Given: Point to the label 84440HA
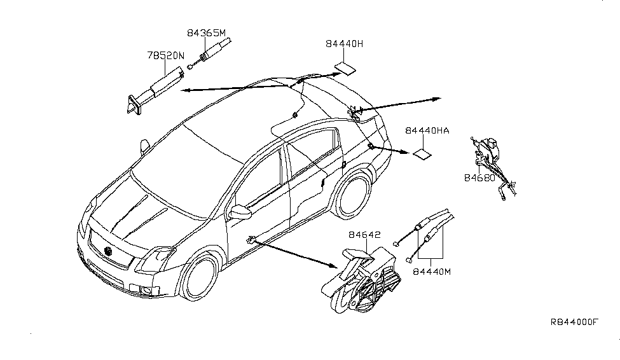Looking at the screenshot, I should (x=427, y=131).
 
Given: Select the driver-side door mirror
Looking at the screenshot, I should (x=240, y=211).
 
